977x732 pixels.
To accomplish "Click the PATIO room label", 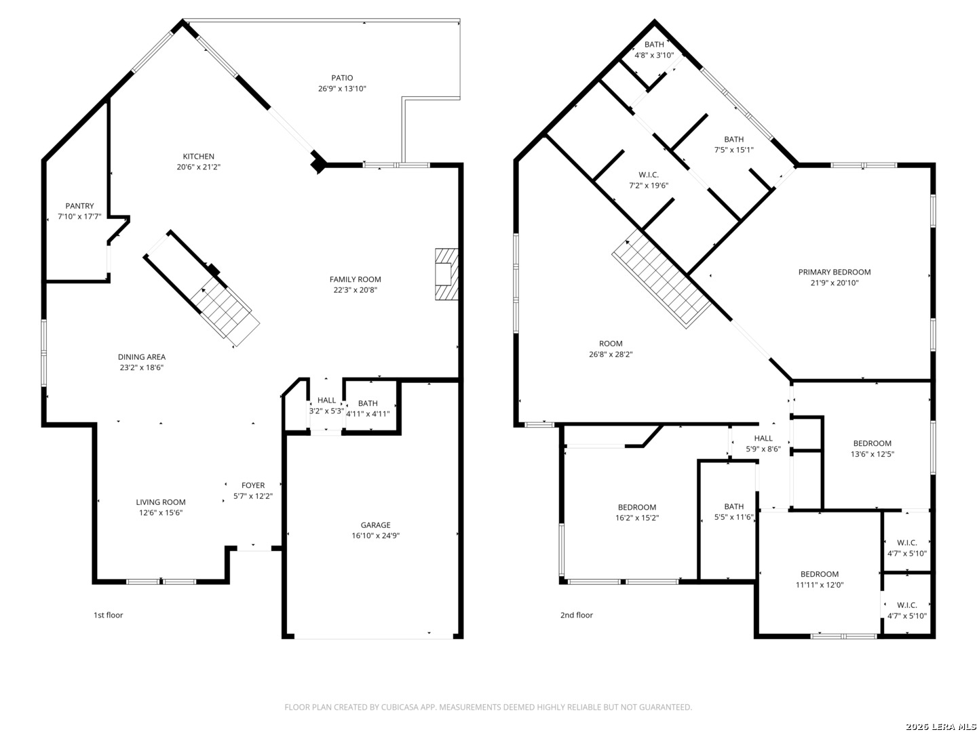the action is click(342, 78).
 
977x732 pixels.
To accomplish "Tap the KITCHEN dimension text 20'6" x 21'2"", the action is click(199, 167).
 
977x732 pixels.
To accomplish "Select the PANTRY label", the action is click(79, 206).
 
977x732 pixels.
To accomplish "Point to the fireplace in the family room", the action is click(446, 274).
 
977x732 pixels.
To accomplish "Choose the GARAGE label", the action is click(376, 525).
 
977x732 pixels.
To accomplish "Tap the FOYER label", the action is click(253, 485).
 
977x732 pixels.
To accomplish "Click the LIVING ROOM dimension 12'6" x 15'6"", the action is click(161, 512).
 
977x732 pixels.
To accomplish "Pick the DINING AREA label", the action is click(142, 357).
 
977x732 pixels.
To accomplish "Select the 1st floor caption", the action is click(108, 615).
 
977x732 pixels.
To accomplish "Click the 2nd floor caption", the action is click(577, 615).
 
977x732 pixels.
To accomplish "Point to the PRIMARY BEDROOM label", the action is click(834, 272).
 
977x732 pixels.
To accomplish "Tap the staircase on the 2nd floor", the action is click(662, 279).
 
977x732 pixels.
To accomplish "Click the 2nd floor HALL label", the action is click(763, 439).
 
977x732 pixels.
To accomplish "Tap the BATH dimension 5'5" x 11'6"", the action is click(733, 517).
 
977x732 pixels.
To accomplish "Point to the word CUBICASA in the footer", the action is click(400, 707).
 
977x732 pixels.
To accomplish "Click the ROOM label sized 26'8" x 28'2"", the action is click(611, 344).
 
